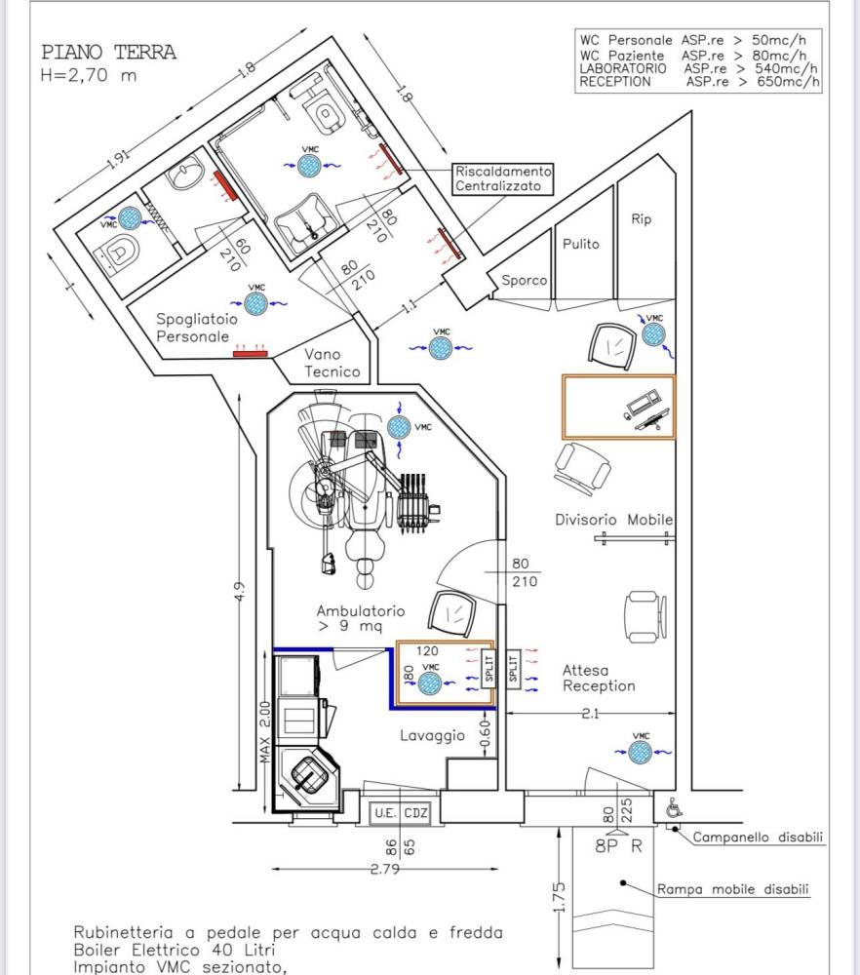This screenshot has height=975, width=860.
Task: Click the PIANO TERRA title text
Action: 109,53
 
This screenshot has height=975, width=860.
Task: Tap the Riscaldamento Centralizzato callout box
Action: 503,178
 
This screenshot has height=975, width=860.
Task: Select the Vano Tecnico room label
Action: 332,363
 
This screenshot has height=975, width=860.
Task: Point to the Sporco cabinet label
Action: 525,281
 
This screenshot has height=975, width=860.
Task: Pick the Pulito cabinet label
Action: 581,244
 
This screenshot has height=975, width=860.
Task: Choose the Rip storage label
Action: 642,218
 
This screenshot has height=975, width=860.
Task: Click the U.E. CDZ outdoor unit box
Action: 401,813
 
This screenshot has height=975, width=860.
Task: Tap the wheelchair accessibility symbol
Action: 674,808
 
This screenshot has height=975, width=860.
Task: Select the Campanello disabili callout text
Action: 758,837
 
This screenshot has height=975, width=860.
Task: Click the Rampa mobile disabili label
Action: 733,889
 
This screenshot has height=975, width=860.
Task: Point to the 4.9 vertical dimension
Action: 240,591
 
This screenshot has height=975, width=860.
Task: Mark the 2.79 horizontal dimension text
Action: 385,869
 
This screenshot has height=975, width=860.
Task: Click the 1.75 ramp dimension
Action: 559,897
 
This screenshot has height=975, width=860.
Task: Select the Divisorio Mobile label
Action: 613,520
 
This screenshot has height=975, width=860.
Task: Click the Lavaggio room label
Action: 432,735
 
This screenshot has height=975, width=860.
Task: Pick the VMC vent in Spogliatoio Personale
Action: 255,303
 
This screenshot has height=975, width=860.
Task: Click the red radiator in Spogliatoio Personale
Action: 250,354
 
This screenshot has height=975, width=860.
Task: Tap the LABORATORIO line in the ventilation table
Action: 698,68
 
